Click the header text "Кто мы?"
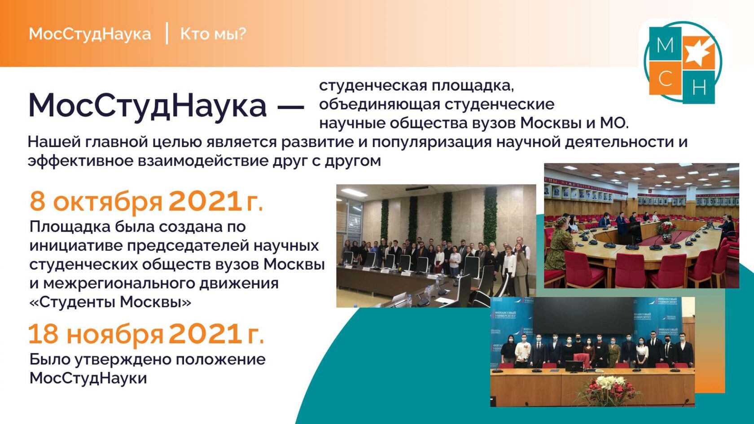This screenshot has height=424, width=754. point(213,34)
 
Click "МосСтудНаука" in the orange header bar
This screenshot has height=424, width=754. point(90,34)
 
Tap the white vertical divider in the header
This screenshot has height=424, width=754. point(167,33)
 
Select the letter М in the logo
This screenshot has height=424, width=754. point(665,45)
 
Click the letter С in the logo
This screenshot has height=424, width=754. point(666,79)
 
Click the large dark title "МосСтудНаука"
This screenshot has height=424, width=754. point(147,106)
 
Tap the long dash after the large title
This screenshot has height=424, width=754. point(290,107)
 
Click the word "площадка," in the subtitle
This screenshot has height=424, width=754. point(473,87)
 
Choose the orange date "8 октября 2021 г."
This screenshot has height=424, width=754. point(146,201)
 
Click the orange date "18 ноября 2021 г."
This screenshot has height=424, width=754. point(146,334)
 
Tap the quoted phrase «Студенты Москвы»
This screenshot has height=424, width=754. point(110,302)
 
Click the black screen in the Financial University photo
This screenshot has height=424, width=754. point(583,315)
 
